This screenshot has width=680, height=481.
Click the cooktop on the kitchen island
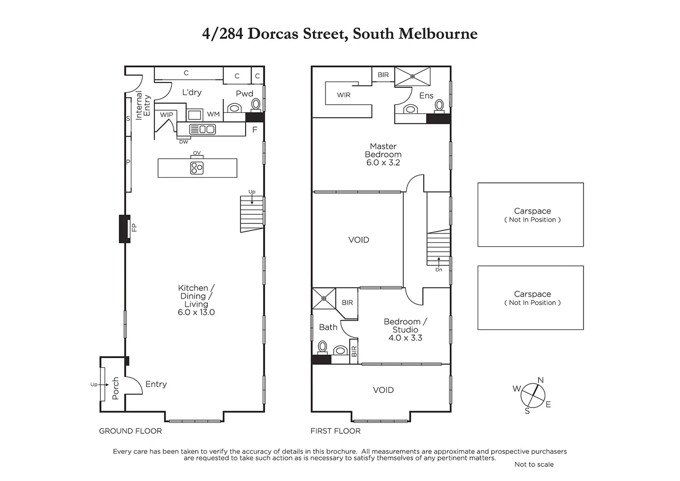point(197,168)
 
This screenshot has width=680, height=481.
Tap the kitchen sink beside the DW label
point(202,129)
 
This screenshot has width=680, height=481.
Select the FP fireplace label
point(134,228)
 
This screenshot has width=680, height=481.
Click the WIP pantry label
point(166,115)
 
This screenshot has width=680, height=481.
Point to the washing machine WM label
point(213,114)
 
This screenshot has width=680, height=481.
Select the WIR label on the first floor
point(344,95)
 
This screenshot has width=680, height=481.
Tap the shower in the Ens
point(413,76)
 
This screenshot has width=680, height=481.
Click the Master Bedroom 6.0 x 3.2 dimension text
point(383,163)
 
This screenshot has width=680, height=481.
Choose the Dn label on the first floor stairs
point(439,269)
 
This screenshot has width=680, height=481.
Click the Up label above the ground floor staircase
point(252,192)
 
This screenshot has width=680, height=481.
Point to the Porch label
point(116,388)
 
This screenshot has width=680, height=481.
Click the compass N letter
point(541,380)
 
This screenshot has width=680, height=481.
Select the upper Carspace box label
point(532,211)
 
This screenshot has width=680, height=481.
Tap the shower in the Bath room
point(324,298)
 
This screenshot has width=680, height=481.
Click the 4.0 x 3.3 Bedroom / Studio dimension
point(405,338)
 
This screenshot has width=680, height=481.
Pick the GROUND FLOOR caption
point(130,431)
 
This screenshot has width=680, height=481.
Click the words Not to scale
point(534,464)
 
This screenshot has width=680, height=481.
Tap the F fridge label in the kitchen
point(255,130)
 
